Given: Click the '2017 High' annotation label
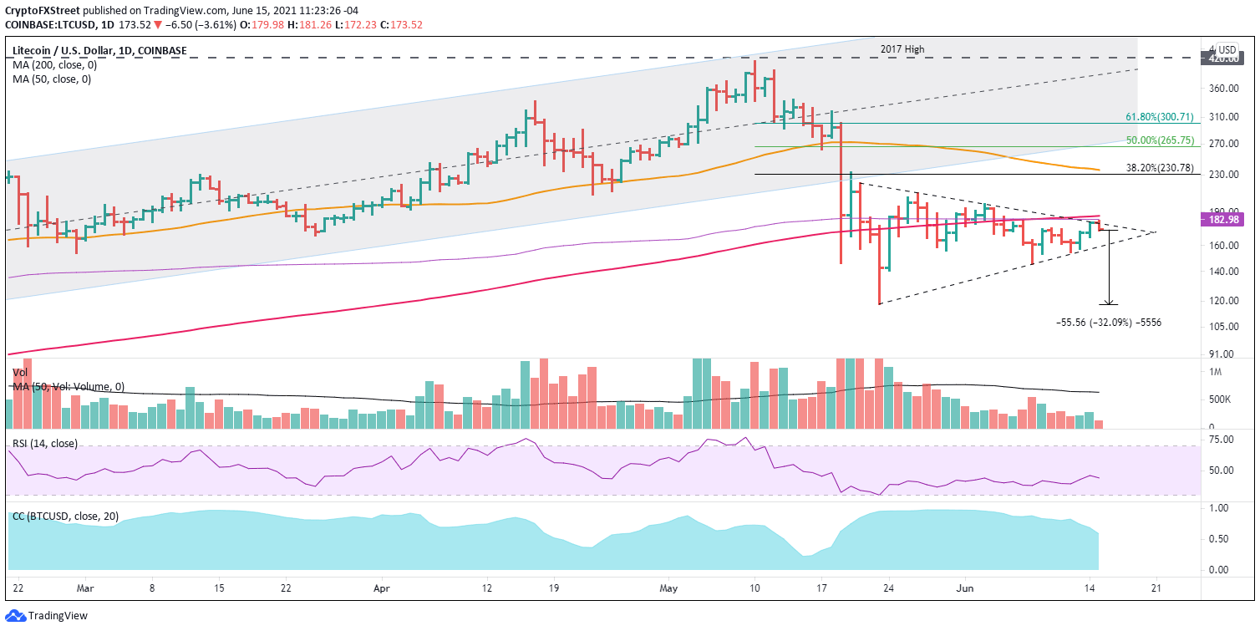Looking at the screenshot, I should pyautogui.click(x=902, y=49).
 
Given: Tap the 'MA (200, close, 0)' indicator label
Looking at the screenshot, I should pyautogui.click(x=51, y=65).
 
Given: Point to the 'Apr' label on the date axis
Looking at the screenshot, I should pyautogui.click(x=381, y=588).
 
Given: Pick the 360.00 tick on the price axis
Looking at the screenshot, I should pyautogui.click(x=1223, y=89).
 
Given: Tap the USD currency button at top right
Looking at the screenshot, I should pyautogui.click(x=1227, y=49).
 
